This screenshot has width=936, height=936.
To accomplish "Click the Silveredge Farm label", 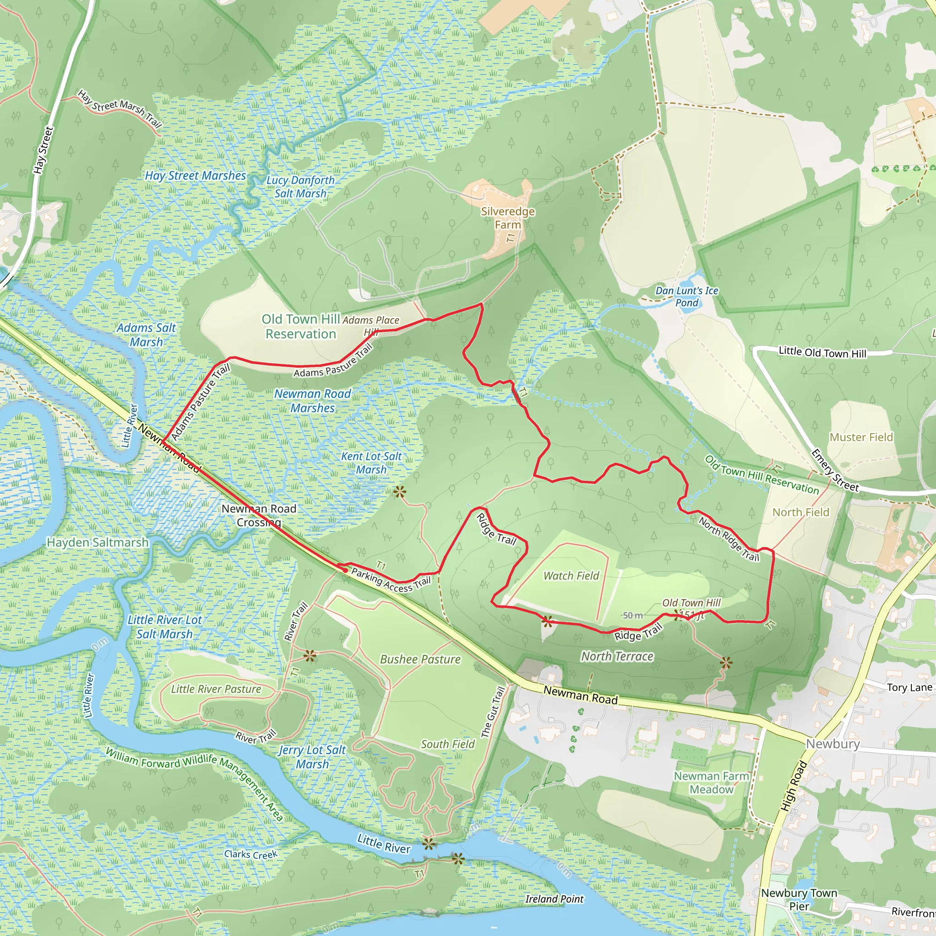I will click(508, 218).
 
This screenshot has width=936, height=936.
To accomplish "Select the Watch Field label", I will click(571, 575).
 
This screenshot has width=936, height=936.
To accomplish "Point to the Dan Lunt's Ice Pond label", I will click(686, 297).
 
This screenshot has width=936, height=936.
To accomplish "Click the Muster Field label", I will click(861, 437).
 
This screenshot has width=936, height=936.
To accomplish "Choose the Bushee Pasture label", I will click(420, 659).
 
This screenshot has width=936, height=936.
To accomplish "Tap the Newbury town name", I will click(833, 744).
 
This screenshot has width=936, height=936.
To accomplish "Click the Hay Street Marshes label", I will click(195, 175).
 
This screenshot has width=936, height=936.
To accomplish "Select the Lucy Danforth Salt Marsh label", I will click(300, 186).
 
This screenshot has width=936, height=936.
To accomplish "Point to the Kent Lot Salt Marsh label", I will click(371, 463).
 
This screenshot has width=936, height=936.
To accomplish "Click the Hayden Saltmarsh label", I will click(97, 542).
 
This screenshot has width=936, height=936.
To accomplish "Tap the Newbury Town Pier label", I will click(799, 899).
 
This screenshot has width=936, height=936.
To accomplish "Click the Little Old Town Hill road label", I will click(822, 353).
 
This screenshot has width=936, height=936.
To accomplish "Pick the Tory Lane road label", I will click(909, 687).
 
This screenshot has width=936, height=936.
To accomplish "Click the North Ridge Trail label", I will click(729, 539).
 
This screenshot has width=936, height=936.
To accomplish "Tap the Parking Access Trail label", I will click(390, 580).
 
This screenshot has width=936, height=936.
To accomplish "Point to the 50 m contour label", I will click(633, 615).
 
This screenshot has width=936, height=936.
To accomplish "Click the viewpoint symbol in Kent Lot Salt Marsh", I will click(399, 493).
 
